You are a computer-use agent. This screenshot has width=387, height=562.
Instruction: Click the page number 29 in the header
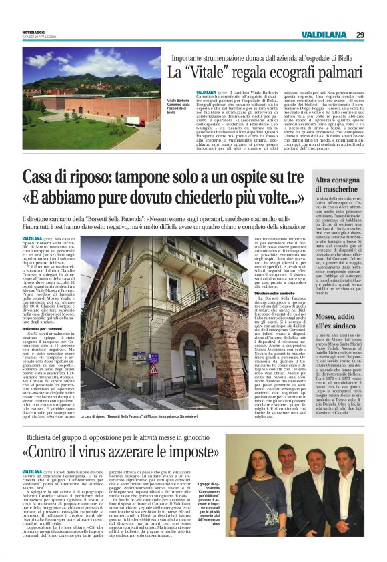coord(360,35)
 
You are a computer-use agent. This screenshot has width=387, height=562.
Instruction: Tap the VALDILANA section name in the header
coord(323,35)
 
